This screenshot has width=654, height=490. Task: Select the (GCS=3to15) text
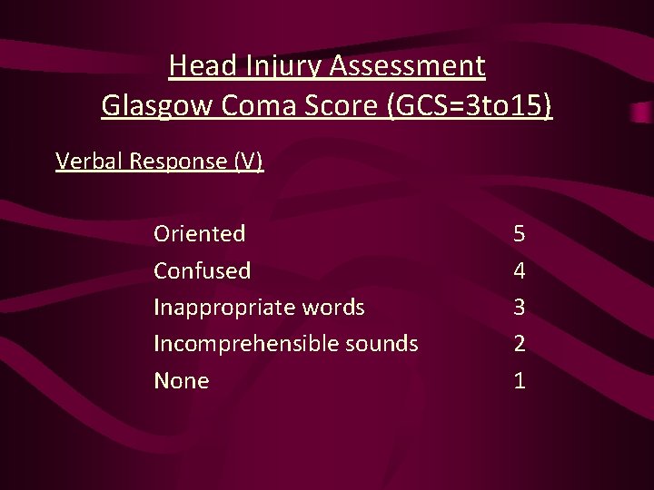coord(470,106)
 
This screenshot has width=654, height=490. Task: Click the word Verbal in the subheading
coord(89,162)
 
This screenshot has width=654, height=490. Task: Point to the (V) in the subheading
coord(248,162)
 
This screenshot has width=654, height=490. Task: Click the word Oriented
coord(200,234)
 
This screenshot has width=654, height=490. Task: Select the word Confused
coord(203,270)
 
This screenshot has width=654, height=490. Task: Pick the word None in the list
coord(182,381)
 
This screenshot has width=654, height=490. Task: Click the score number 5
coord(519,234)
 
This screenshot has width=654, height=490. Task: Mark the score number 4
coord(519,270)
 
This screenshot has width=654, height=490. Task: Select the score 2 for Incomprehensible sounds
coord(519,344)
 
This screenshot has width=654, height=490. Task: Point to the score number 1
coord(519,381)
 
